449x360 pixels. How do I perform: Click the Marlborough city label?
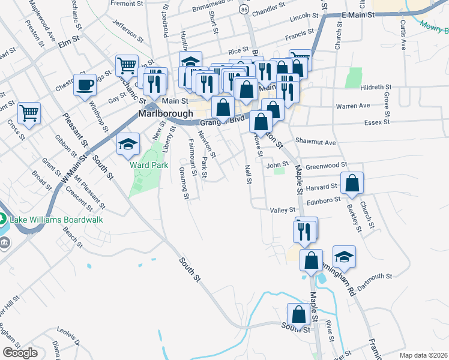(165, 113)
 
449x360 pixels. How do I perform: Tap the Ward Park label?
(145, 164)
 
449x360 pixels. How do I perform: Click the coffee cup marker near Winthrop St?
(85, 85)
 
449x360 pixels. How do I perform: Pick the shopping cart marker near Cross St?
(28, 113)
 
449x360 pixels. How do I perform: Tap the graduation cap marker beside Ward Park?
(128, 144)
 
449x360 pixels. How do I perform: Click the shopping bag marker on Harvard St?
(352, 183)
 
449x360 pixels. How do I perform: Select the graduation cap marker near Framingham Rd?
(344, 256)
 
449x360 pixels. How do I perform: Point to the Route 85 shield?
(243, 10)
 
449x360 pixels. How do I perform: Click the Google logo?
(20, 353)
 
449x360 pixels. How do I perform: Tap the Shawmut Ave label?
(315, 142)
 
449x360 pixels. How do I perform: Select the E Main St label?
(358, 14)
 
